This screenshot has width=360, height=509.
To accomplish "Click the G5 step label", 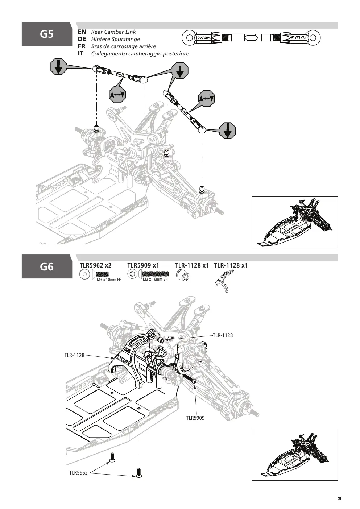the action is [x=47, y=34].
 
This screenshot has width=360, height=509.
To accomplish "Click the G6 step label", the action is [x=47, y=266].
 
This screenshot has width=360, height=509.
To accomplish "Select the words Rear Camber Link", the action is [x=113, y=32].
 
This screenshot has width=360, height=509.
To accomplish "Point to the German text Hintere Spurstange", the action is [x=116, y=39].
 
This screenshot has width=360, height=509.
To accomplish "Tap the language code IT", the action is [x=81, y=54].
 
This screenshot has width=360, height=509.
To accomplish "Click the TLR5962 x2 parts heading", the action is [x=95, y=265].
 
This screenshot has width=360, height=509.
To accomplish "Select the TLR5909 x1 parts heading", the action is [x=143, y=265].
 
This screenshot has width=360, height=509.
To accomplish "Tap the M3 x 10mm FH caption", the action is [x=109, y=280].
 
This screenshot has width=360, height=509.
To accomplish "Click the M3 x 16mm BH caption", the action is [x=155, y=280].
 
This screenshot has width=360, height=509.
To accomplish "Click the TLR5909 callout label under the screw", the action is [x=195, y=418].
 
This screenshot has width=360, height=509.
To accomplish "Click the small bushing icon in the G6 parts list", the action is [x=183, y=274].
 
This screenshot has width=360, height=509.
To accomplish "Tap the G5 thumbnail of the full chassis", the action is [x=295, y=223].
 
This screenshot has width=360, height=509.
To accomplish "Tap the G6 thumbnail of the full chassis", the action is [x=295, y=455].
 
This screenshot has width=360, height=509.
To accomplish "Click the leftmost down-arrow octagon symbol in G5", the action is [x=59, y=66].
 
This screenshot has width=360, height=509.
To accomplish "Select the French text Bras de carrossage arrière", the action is [x=124, y=46].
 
